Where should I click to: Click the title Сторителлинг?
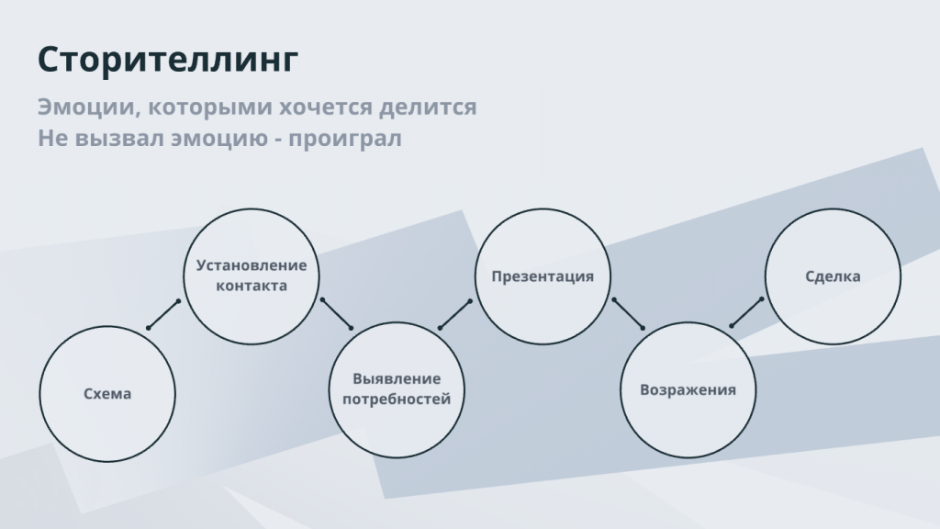(168, 60)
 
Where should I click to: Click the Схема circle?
(107, 394)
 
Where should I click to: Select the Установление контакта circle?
(252, 276)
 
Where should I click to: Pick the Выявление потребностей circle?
(397, 389)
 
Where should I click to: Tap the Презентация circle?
(543, 276)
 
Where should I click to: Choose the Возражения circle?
(688, 389)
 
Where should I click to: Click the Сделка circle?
(833, 276)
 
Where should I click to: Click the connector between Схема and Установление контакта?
(163, 314)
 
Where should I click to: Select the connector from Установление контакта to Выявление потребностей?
(336, 313)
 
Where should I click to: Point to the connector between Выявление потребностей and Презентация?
(455, 314)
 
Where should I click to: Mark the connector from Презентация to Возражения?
(628, 314)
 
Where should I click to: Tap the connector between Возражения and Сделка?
(746, 312)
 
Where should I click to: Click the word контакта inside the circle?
(252, 287)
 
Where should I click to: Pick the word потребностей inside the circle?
(397, 400)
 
